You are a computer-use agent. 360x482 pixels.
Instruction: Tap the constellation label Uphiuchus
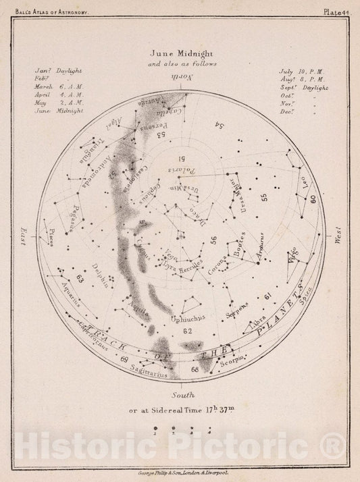click(x=188, y=316)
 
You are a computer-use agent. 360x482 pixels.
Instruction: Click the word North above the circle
click(x=179, y=80)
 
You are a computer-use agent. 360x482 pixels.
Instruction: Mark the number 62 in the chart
click(x=187, y=330)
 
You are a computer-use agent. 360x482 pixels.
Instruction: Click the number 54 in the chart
click(x=218, y=126)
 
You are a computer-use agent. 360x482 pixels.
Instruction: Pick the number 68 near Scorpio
click(x=195, y=369)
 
